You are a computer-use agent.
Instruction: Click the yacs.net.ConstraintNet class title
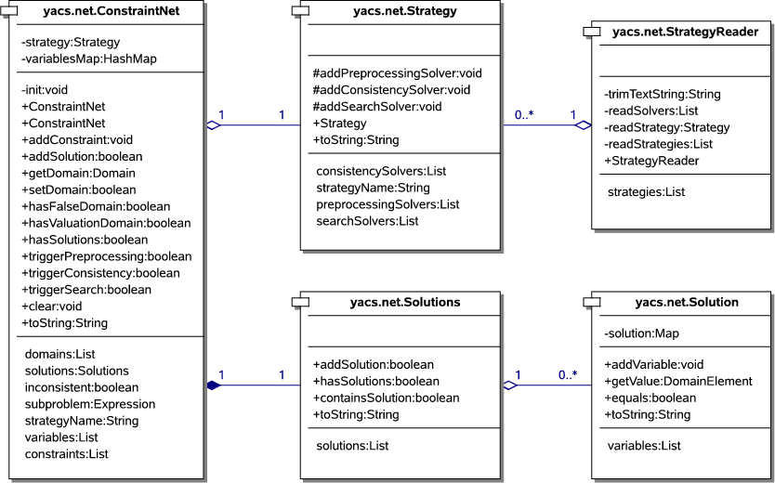point(112,11)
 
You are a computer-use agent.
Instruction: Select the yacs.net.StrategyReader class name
point(686,32)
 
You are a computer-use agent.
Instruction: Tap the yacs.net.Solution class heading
point(686,302)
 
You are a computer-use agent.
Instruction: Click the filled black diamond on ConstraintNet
point(214,385)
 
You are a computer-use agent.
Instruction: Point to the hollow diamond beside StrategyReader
point(584,125)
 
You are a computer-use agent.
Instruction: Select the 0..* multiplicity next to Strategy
point(524,115)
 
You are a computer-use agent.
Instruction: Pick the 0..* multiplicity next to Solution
point(567,374)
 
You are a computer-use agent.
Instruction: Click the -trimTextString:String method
point(662,94)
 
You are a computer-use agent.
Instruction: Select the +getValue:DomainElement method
point(677,381)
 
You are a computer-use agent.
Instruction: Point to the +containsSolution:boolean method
point(386,398)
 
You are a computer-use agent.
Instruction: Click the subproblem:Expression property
point(90,404)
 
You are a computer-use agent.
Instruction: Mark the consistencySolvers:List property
point(381,172)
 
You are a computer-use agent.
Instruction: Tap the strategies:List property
point(646,192)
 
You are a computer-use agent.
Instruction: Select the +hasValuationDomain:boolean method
point(105,223)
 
